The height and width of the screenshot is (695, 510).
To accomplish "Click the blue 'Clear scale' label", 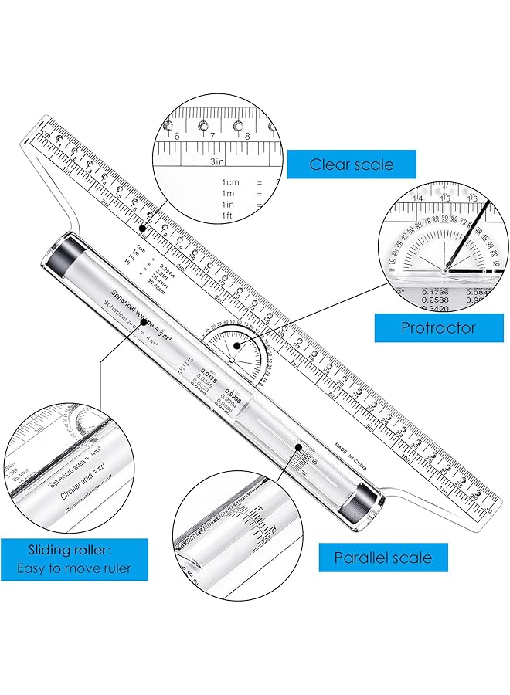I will [352, 164].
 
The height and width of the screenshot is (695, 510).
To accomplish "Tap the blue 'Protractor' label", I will [438, 327].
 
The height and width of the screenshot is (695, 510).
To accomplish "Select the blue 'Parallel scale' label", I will [382, 557].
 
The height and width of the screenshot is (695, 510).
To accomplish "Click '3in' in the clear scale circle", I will [218, 161].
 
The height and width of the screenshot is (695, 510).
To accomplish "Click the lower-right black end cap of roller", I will [361, 501].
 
